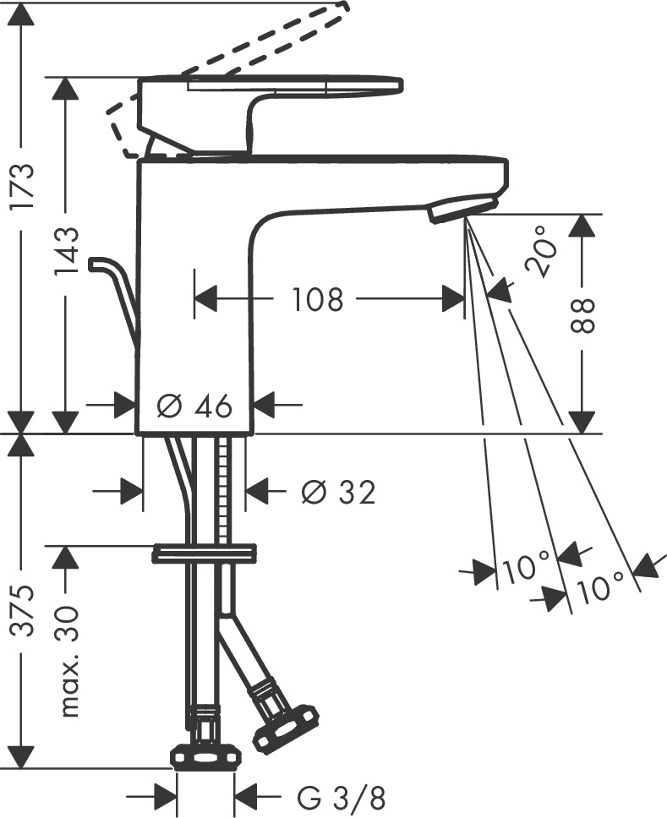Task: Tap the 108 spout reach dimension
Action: [318, 298]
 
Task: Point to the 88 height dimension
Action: [584, 315]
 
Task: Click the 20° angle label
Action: [541, 251]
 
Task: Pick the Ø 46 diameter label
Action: [194, 406]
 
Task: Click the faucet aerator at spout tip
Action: [461, 207]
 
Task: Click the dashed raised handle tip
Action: [338, 7]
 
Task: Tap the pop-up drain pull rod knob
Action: [101, 263]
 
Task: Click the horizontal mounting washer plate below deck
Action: [204, 555]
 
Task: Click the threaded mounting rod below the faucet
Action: [224, 490]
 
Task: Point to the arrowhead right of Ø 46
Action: [265, 406]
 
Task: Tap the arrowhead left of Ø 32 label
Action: [257, 491]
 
